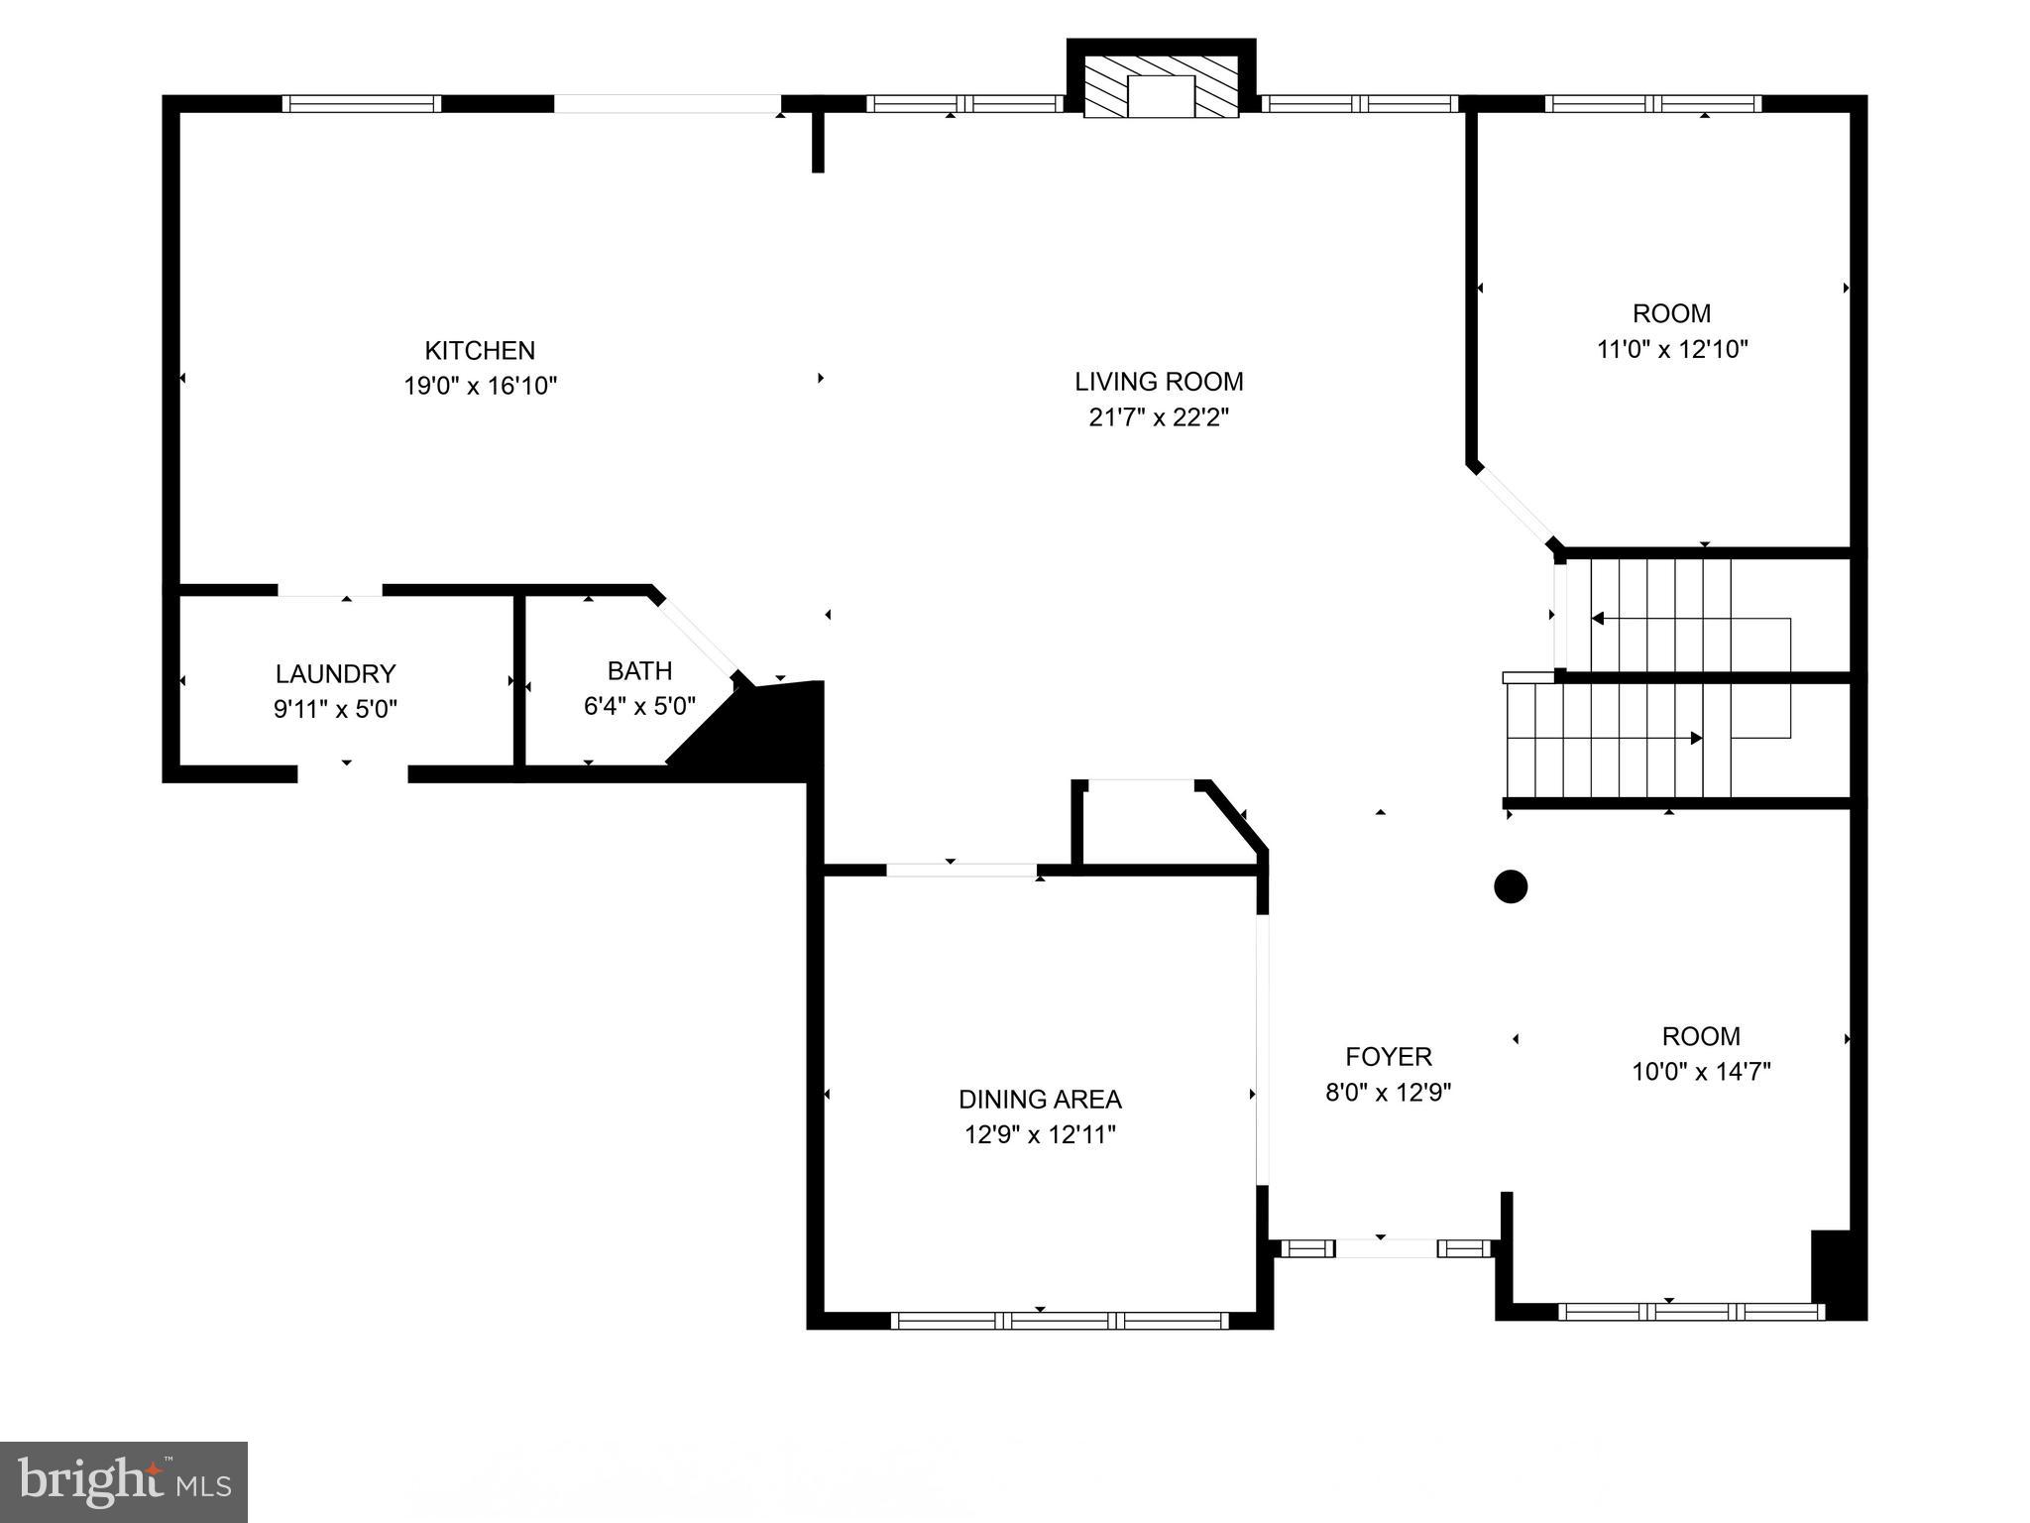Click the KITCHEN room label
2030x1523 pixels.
click(480, 350)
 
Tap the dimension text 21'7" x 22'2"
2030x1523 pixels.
click(1159, 417)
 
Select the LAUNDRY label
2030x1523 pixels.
click(335, 674)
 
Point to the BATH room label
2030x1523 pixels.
click(639, 671)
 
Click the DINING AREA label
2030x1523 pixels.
click(1040, 1099)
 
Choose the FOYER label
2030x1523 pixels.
click(1388, 1056)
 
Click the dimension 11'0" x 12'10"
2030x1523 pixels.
click(1671, 349)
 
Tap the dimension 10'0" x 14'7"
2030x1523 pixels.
click(1701, 1072)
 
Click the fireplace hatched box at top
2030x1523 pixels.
click(1161, 86)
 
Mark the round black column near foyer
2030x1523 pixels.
click(1510, 886)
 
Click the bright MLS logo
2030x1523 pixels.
click(124, 1481)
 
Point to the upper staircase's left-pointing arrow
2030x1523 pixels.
click(1598, 619)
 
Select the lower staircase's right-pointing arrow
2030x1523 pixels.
click(1696, 738)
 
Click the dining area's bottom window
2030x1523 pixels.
click(1059, 1320)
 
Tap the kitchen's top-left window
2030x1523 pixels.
click(361, 103)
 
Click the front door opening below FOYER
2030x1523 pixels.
click(1386, 1248)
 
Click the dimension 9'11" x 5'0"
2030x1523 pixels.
click(335, 710)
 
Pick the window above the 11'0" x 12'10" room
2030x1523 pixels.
click(1652, 103)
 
